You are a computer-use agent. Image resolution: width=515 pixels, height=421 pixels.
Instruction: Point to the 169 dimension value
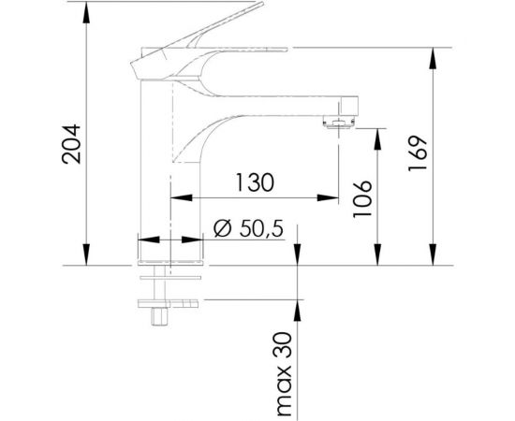click(419, 151)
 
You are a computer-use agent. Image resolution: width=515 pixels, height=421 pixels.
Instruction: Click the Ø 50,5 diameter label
click(248, 228)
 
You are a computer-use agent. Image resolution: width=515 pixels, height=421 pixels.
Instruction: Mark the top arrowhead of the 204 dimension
click(86, 8)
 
